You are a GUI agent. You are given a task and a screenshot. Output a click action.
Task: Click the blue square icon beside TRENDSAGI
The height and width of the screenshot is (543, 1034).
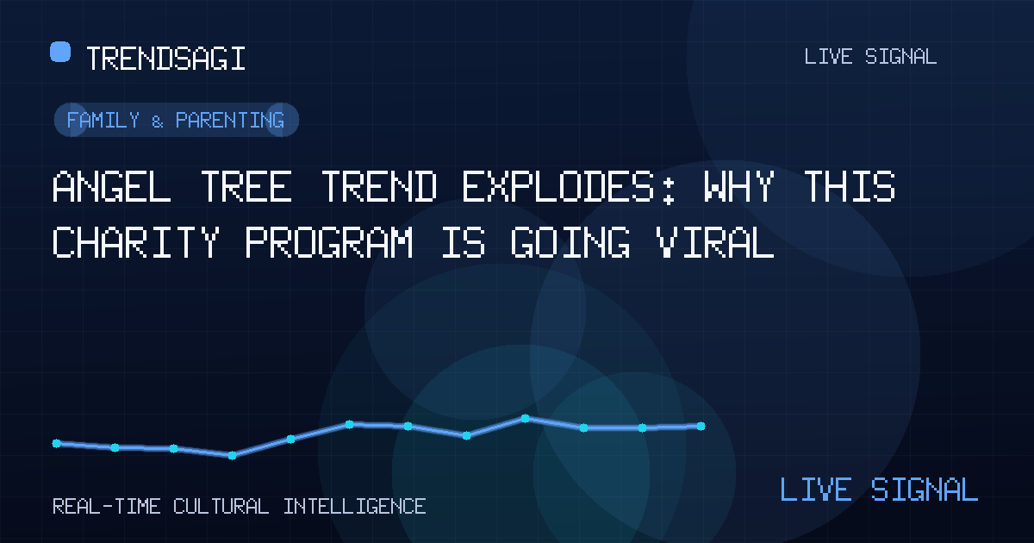[60, 51]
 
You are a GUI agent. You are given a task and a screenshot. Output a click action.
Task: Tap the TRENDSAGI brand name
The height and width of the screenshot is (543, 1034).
[165, 59]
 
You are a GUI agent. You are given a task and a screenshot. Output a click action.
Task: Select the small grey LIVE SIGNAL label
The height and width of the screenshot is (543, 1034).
[870, 57]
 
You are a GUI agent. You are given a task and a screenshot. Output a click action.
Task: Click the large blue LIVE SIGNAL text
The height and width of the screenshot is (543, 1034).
[879, 489]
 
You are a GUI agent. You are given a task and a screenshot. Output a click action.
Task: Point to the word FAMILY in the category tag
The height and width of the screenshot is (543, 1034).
[103, 120]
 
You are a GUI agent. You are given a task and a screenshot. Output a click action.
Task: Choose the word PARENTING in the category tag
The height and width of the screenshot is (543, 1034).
[230, 120]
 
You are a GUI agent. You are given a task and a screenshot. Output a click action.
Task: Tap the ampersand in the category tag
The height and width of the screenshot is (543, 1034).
[158, 122]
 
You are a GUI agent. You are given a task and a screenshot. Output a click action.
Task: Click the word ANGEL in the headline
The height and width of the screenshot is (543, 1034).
[112, 186]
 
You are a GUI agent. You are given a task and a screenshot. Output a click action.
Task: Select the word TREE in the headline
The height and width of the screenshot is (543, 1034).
[246, 186]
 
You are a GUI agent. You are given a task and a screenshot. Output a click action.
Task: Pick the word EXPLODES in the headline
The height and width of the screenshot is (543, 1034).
[569, 186]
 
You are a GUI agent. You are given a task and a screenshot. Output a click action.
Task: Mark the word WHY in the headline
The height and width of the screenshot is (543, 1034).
[739, 186]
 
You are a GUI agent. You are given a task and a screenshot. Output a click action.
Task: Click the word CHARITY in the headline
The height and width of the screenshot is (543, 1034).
[136, 242]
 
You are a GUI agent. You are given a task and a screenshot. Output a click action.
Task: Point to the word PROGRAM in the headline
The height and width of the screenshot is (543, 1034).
[329, 242]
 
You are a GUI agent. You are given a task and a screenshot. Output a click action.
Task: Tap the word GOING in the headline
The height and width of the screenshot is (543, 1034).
[570, 242]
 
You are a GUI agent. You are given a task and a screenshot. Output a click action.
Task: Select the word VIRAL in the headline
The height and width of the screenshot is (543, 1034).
[715, 242]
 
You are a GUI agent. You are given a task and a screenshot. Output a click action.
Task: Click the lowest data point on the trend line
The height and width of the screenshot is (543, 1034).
[232, 456]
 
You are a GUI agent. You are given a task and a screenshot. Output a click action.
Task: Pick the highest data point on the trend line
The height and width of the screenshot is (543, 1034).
[525, 418]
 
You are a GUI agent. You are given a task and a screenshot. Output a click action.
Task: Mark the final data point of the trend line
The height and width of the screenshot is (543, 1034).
[701, 426]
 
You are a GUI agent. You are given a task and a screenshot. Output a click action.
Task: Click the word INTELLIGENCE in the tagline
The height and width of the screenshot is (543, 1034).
[354, 507]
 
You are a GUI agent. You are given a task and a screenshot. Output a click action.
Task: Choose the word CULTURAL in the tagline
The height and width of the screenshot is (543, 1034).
[221, 507]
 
